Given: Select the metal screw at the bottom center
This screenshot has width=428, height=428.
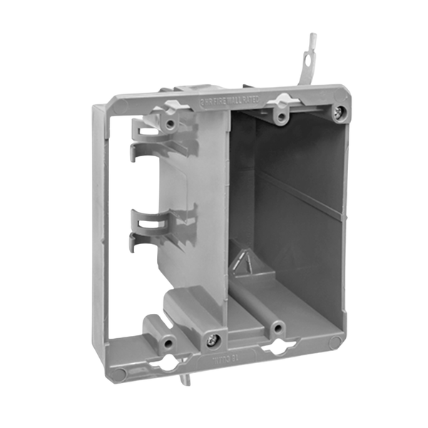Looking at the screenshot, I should click(212, 340).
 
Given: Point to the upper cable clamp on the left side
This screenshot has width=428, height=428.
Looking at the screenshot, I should click(152, 136).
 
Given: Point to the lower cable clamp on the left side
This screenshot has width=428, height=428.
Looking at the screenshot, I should click(150, 228).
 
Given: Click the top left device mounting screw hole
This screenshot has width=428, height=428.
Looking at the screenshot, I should click(170, 123).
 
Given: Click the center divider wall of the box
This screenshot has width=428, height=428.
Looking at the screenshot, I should click(214, 214).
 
